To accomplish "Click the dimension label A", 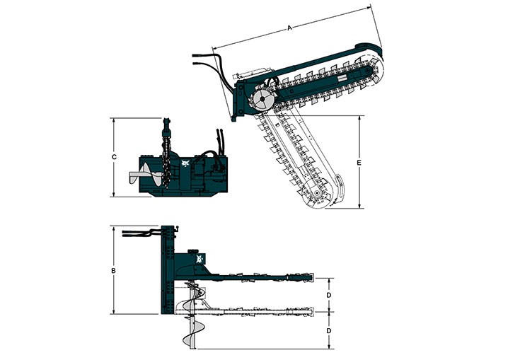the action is (289, 28).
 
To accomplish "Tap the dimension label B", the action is (113, 271).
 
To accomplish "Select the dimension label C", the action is (114, 157).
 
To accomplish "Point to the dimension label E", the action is (359, 163).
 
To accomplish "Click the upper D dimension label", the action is (329, 295).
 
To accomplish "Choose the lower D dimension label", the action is (329, 331).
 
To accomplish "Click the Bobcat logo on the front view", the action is (185, 163).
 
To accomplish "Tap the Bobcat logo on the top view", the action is (200, 259).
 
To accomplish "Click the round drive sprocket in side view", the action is (262, 99).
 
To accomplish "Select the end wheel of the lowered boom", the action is (318, 193).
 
